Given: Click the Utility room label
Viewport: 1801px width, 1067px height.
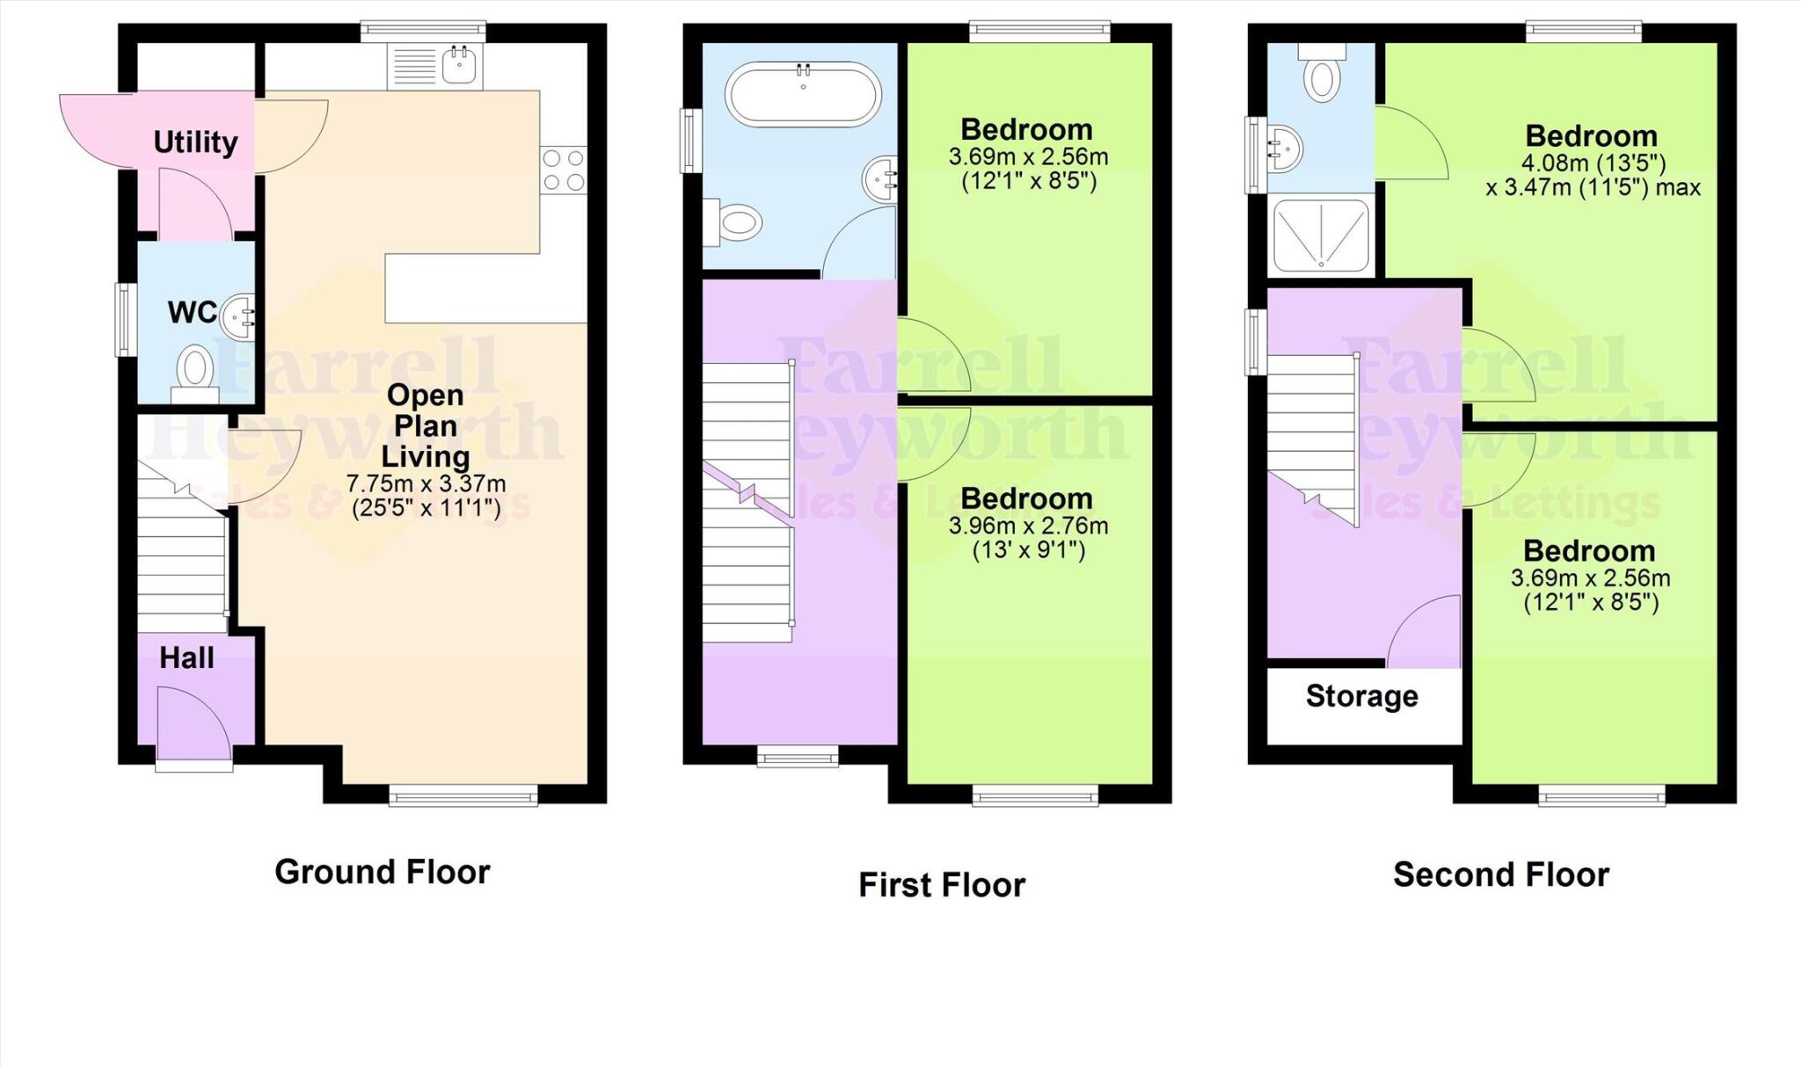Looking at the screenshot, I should (195, 142).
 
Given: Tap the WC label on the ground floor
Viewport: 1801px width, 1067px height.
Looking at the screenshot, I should (192, 312).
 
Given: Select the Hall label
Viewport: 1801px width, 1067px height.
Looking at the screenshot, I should (186, 657).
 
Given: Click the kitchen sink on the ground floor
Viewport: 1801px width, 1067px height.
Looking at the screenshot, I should (459, 64).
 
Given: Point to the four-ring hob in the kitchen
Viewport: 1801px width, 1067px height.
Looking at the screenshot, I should (563, 171).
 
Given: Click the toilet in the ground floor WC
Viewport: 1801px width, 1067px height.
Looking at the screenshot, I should (195, 369).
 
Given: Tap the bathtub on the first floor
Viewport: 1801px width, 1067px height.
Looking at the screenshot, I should (802, 92).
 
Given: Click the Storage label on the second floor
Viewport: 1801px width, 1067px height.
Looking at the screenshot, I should (1361, 696).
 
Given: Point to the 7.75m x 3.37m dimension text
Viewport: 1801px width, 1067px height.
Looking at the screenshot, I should (426, 483).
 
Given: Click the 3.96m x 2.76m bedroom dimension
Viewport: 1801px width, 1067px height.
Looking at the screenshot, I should (1027, 526).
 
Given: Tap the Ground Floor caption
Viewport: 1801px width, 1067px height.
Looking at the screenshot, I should (382, 872).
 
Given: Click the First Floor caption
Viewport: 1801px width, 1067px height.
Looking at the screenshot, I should (941, 884).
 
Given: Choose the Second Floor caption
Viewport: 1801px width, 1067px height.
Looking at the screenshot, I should (1500, 875).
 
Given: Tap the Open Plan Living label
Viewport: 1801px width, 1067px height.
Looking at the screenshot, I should (426, 426).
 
